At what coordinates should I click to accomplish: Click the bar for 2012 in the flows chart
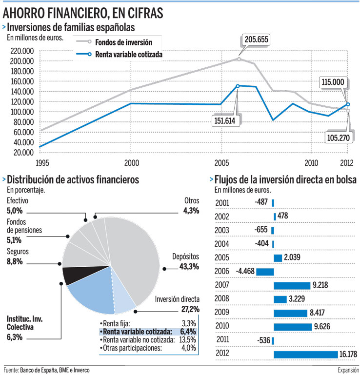coord(305,354)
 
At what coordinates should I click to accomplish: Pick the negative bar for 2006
coord(265,272)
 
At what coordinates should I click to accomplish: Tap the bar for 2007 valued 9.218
coord(292,285)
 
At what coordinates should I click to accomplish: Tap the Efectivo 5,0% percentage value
coord(15,211)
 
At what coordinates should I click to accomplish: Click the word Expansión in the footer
coord(346,370)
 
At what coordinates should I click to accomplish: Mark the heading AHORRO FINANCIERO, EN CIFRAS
coord(83,11)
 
